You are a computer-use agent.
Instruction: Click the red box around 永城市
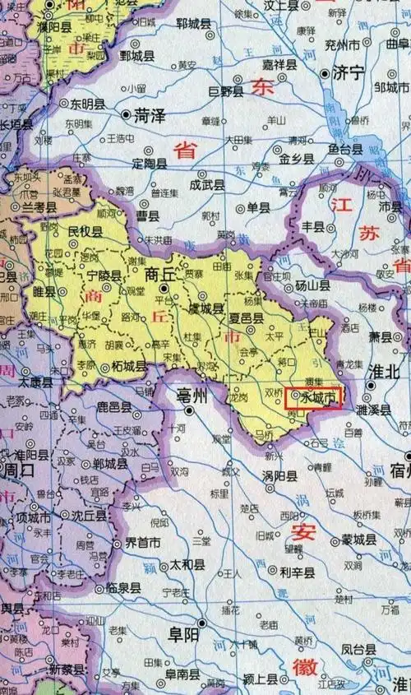tap(312, 398)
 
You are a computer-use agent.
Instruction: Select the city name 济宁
tap(348, 73)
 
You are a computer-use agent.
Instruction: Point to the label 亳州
tap(194, 396)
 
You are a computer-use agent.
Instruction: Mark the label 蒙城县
tap(358, 540)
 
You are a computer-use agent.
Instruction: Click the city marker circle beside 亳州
tap(190, 410)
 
